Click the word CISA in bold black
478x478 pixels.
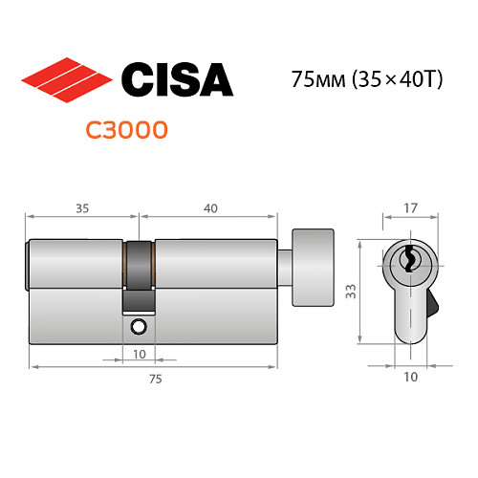coord(177,78)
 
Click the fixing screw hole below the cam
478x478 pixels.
coord(139,327)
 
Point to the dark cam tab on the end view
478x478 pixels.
coord(431,307)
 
